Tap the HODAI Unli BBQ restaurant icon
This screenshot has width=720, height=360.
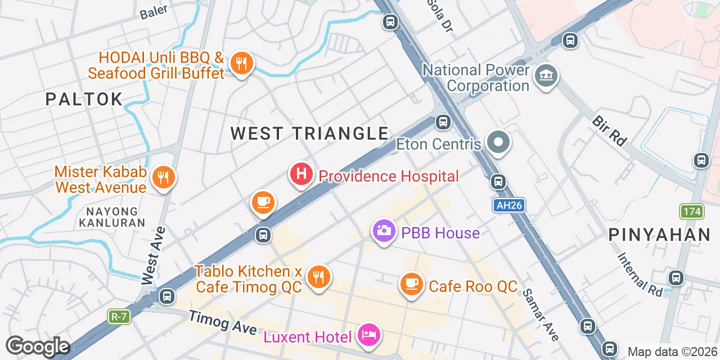241,64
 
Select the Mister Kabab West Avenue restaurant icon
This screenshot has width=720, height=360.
163,178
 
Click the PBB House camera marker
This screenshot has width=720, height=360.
384,231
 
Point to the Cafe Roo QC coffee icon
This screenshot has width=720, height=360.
412,283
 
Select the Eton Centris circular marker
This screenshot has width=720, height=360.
498,142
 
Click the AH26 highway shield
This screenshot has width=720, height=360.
510,205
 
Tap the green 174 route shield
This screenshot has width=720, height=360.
691,211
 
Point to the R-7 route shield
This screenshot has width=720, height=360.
119,317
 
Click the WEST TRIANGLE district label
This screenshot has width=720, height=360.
309,133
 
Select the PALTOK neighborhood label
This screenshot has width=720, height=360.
84,100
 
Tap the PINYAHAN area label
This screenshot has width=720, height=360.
659,235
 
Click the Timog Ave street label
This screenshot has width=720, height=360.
223,323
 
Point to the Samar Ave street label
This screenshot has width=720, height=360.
540,314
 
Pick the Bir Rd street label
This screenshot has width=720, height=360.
610,131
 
